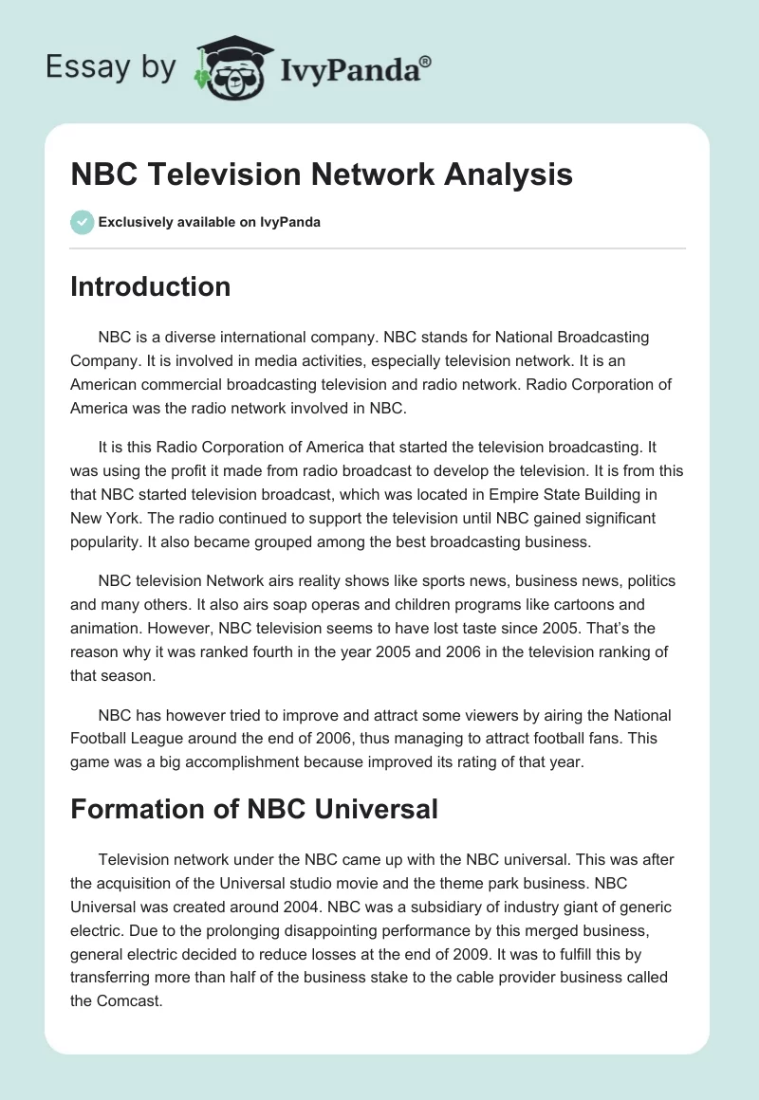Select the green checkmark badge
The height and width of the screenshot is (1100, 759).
82,222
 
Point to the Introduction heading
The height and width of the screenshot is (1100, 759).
150,286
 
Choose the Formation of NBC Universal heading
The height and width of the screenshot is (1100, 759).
254,808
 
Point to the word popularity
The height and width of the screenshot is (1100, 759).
108,543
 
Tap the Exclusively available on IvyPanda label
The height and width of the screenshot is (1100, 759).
209,223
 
